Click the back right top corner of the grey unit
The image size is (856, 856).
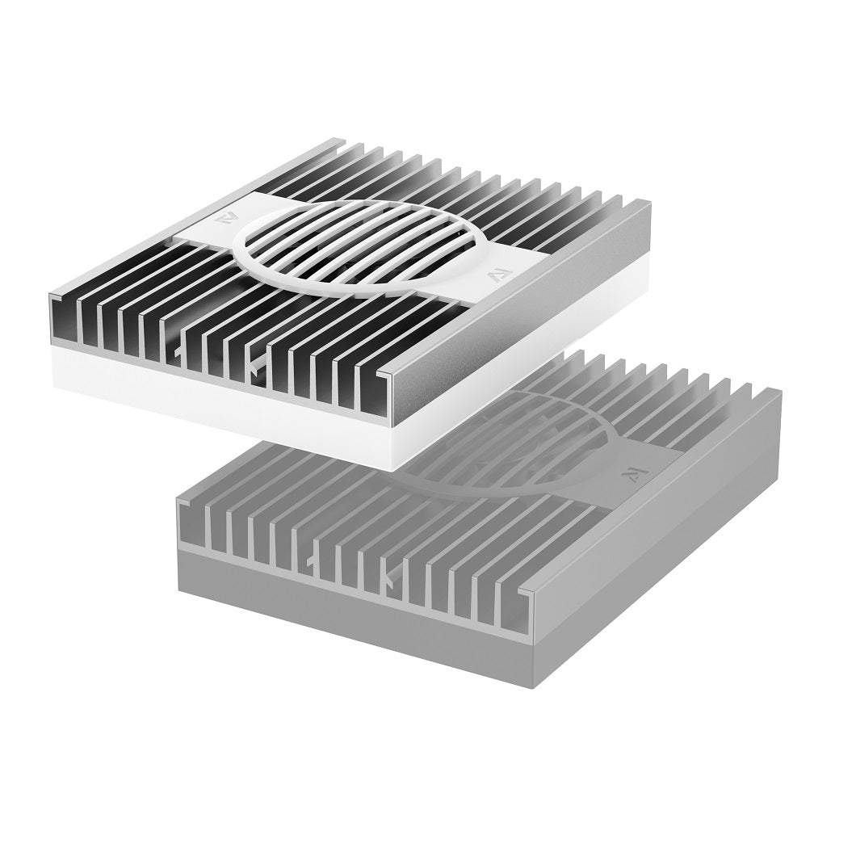coord(779,393)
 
